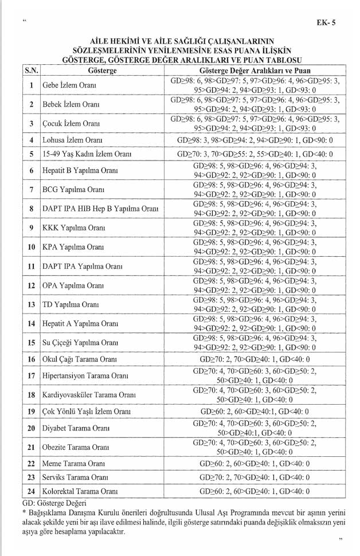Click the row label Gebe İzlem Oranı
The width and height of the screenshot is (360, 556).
click(x=69, y=86)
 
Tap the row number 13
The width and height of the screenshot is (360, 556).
click(x=31, y=304)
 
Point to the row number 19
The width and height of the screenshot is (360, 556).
click(x=31, y=412)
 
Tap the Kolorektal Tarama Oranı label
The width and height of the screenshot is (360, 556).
click(x=80, y=491)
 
